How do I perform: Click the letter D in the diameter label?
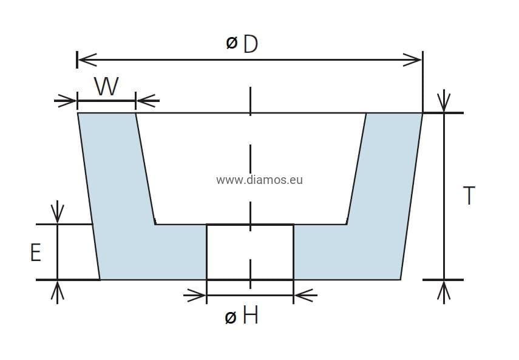[251, 44]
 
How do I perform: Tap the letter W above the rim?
[106, 87]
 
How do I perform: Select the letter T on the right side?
[469, 195]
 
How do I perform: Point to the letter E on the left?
[36, 252]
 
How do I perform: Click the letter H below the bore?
[250, 316]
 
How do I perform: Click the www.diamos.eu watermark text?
[259, 180]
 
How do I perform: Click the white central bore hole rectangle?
[250, 252]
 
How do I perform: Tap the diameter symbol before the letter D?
[231, 43]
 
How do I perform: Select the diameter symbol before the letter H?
[230, 317]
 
